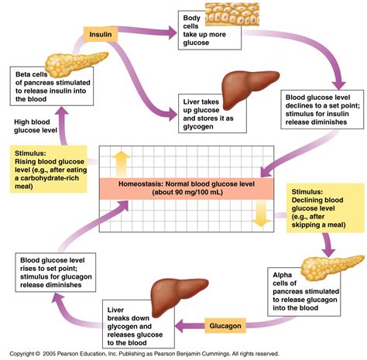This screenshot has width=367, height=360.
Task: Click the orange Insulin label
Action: tap(101, 34)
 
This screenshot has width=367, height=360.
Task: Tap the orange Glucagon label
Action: tap(225, 326)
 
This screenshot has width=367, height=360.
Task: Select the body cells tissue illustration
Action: tap(232, 14)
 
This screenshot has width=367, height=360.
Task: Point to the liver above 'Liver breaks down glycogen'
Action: tap(178, 296)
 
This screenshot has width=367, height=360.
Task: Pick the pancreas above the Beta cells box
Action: tap(75, 64)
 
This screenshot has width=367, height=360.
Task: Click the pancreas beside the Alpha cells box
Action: tap(331, 268)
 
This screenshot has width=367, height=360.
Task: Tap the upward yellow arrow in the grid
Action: tap(121, 164)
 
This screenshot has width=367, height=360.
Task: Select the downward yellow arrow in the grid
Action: tap(261, 213)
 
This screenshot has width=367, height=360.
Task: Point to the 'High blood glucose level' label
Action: tap(36, 126)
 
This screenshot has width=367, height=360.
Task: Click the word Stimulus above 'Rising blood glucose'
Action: tap(30, 153)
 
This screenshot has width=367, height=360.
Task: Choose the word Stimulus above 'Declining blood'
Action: tap(307, 192)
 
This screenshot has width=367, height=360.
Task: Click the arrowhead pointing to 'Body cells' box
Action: tap(173, 33)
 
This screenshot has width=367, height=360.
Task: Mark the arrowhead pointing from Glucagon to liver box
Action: tap(180, 326)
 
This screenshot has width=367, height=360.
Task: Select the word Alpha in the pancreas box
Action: tap(282, 275)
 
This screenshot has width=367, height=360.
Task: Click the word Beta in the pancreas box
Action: tap(22, 74)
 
